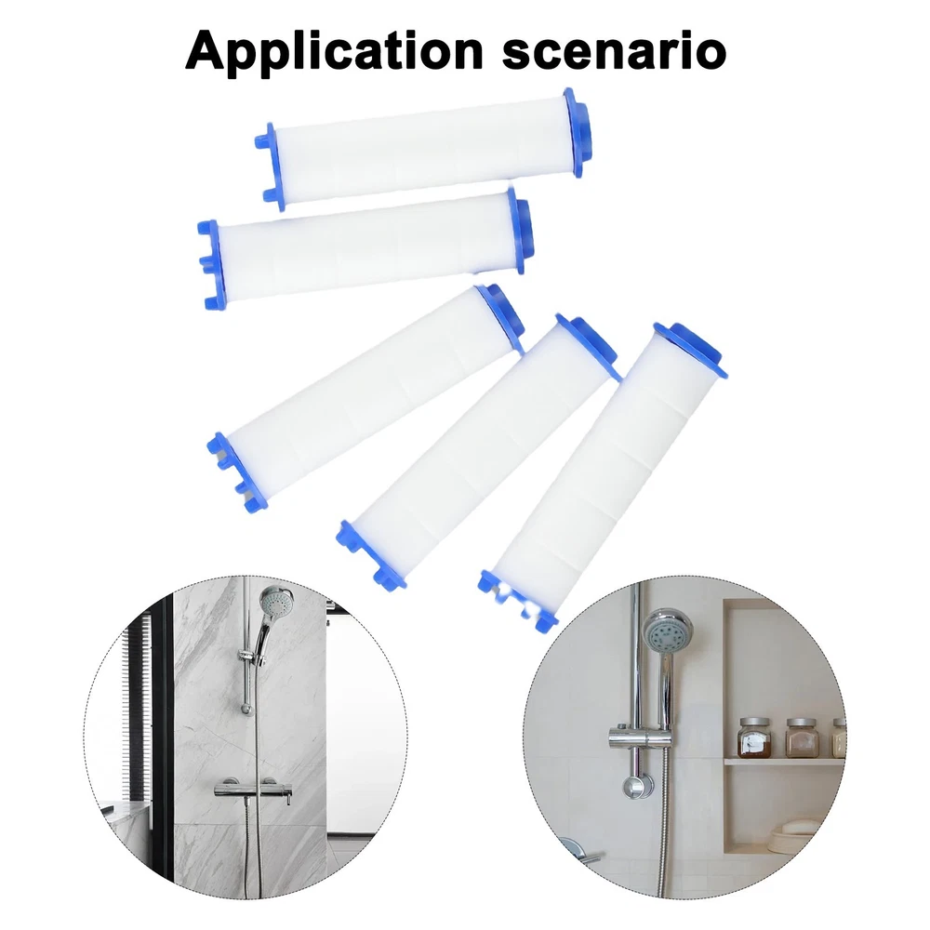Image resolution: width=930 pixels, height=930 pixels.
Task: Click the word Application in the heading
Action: tap(335, 51)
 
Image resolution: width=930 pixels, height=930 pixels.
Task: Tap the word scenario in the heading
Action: tap(614, 52)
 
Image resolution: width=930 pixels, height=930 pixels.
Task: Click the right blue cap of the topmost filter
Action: tap(578, 132)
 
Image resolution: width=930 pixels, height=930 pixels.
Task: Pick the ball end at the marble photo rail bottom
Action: tap(246, 708)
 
